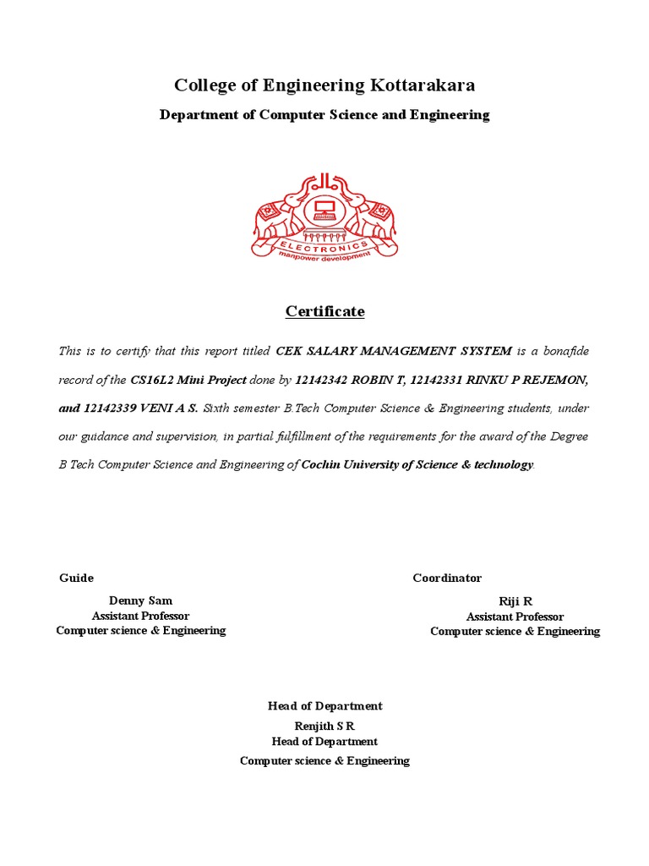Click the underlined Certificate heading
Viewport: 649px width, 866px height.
point(324,311)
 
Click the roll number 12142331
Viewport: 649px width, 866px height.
point(438,380)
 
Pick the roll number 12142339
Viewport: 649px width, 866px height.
point(112,408)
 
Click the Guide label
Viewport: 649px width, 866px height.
point(76,578)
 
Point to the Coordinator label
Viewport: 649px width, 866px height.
point(447,578)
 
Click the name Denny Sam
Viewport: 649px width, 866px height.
point(140,600)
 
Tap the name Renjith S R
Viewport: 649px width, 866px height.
point(324,726)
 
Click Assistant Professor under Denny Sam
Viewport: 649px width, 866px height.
point(140,616)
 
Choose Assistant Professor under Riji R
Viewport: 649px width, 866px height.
point(515,617)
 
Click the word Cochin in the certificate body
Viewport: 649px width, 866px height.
point(322,464)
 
